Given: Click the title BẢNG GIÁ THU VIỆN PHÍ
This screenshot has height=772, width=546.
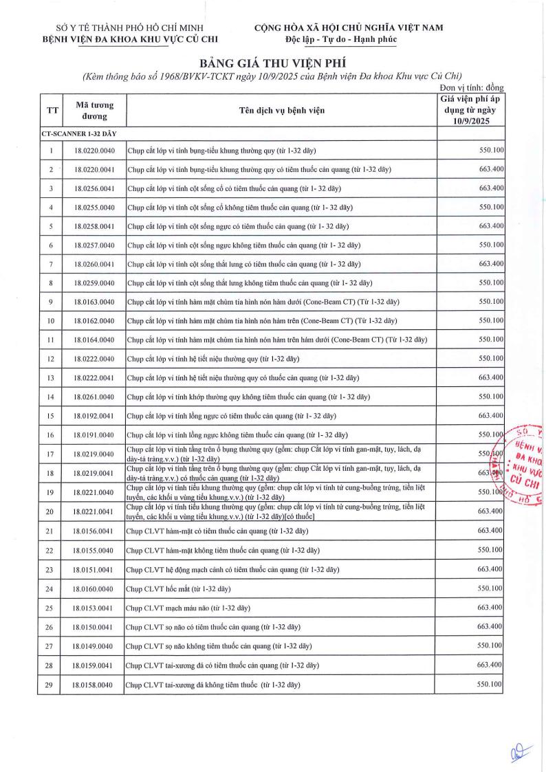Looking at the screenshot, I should pos(272,60).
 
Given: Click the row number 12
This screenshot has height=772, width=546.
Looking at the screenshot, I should pos(51,359).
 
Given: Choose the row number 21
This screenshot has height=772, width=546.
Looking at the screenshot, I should pos(51,531).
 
